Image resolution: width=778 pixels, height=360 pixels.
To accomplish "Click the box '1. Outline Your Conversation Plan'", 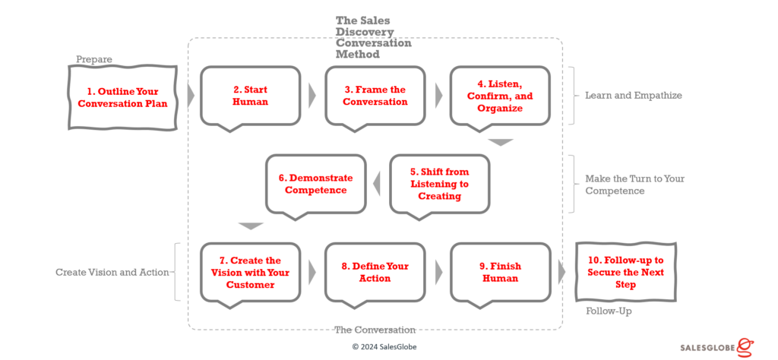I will tap(122, 96).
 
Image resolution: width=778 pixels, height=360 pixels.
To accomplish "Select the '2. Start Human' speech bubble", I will tap(250, 96).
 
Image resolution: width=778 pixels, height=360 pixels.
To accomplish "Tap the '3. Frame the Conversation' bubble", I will tap(375, 96).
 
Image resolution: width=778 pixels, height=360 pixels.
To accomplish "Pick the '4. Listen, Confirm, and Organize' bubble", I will tap(500, 96).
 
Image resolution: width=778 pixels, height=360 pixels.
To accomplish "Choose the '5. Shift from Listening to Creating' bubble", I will tap(439, 184).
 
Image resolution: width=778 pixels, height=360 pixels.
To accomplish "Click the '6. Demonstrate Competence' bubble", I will tap(315, 184).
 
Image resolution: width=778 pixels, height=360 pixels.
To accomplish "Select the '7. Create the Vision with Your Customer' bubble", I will tap(250, 272).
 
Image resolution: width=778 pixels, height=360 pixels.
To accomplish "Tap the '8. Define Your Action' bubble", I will tap(375, 272).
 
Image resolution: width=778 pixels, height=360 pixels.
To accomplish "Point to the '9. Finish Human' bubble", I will tap(500, 272).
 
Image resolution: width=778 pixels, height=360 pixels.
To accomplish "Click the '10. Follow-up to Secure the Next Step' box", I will tap(625, 272).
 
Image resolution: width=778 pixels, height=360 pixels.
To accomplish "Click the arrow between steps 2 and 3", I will tap(312, 96).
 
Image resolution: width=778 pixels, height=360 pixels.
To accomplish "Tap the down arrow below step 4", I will tap(501, 142).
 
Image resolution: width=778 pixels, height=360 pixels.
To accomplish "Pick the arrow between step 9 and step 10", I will tap(562, 272).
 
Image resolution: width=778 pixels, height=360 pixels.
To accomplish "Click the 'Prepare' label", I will tap(94, 59).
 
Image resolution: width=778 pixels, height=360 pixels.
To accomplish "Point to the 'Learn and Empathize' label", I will tap(633, 96).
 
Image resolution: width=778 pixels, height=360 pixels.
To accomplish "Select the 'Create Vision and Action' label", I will tap(112, 272).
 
